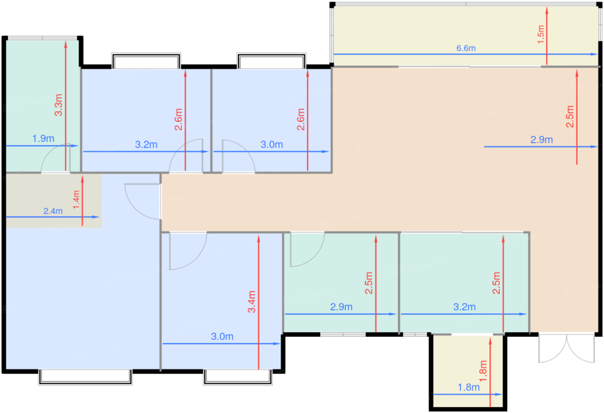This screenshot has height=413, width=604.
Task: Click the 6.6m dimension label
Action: pos(466,48)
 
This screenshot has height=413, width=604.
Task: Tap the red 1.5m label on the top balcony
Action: pos(541,34)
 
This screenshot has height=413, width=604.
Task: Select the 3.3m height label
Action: pos(59,105)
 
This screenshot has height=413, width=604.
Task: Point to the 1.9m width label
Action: pos(43,139)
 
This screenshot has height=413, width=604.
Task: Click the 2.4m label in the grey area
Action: pos(53,211)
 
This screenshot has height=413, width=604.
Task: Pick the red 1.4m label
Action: pos(76,200)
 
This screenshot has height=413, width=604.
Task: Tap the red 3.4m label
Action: pos(252,302)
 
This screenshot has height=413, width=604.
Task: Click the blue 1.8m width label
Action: pos(469,388)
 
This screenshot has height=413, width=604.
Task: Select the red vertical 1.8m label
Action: pos(483,371)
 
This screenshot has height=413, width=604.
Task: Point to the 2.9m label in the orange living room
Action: pos(541,140)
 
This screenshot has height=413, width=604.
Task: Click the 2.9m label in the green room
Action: pos(341,307)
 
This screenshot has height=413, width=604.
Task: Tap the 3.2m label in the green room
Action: pos(464,307)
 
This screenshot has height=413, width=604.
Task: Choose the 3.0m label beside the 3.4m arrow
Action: pos(222,336)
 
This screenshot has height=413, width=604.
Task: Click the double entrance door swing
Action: pos(566,348)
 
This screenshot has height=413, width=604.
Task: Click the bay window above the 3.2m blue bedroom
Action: pos(146,61)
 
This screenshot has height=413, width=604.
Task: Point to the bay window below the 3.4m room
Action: pos(238,377)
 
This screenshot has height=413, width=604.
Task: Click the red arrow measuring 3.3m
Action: pos(66,105)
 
